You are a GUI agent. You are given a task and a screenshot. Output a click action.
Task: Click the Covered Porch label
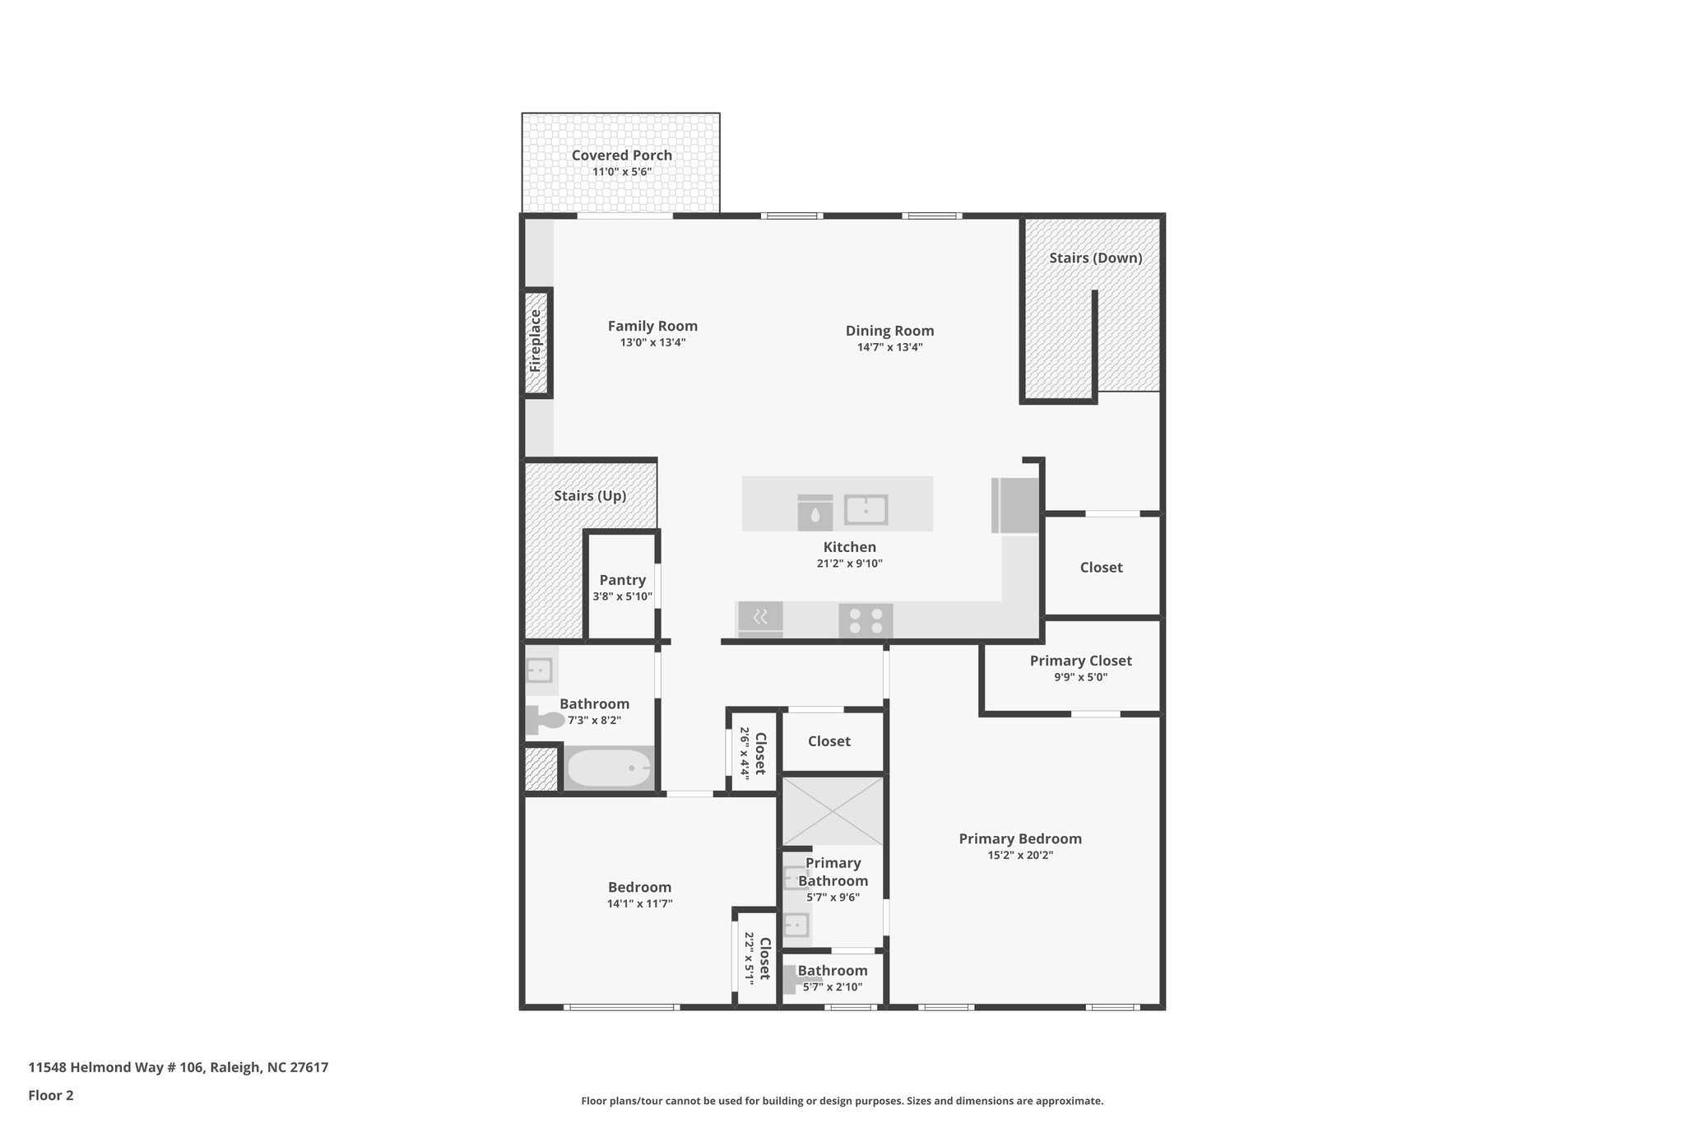[x=622, y=155]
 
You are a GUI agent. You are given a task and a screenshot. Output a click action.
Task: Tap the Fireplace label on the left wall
[x=536, y=341]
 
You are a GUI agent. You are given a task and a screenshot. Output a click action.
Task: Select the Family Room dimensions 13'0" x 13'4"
[x=652, y=343]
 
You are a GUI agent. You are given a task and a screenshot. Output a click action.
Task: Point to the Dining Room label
[x=889, y=331]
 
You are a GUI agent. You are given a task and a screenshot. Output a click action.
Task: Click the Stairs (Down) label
[x=1095, y=258]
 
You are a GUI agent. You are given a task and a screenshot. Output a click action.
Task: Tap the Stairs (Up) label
[x=590, y=496]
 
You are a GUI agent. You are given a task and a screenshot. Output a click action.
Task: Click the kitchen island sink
[x=866, y=510]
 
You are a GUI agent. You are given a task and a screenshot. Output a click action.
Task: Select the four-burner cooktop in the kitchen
[x=866, y=620]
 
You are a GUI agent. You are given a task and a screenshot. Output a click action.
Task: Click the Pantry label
[x=622, y=580]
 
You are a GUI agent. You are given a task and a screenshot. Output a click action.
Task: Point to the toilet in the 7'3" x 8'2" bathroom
[x=544, y=721]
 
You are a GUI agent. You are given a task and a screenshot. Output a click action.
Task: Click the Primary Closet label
[x=1080, y=661]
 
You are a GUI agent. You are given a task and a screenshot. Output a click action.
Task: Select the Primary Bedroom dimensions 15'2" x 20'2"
[x=1020, y=855]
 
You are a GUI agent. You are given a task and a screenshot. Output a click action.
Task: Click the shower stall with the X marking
[x=833, y=811]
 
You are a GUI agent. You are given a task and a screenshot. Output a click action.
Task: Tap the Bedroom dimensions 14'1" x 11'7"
[x=639, y=903]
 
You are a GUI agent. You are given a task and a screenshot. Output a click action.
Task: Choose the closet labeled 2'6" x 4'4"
[x=753, y=751]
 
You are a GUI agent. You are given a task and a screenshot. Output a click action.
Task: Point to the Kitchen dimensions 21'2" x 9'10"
[x=849, y=564]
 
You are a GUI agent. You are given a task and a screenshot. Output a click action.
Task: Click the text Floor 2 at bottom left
[x=51, y=1095]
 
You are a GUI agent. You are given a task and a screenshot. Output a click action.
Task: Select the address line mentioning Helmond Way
[x=179, y=1067]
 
